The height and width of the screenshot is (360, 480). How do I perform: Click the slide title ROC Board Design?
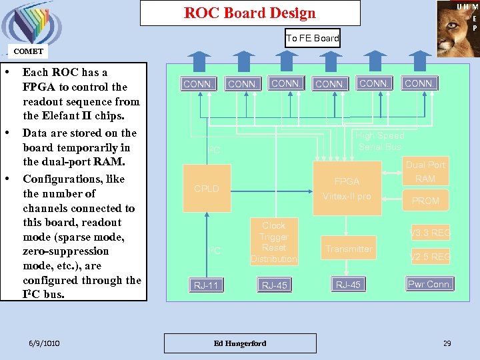click(250, 13)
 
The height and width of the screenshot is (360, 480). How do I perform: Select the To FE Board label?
click(313, 38)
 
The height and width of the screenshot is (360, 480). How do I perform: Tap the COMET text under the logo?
click(28, 51)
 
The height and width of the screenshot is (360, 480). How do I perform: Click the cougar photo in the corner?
click(458, 28)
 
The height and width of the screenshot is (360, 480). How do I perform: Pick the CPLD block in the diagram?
click(207, 189)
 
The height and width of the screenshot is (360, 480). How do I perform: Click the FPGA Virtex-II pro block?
click(347, 189)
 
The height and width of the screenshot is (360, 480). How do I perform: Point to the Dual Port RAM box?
click(425, 171)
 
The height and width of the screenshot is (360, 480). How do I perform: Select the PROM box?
click(425, 201)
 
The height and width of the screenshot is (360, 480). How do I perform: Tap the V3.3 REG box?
click(430, 233)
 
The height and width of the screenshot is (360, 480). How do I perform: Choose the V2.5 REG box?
click(430, 257)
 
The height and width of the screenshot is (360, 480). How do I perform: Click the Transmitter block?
click(349, 249)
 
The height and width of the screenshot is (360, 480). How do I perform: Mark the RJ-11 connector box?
click(206, 285)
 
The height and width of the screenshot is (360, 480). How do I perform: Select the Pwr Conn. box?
click(430, 284)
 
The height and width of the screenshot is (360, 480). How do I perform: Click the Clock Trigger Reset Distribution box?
click(274, 242)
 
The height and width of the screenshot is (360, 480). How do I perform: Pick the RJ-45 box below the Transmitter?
click(348, 285)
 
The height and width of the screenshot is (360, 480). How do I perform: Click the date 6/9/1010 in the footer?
click(44, 343)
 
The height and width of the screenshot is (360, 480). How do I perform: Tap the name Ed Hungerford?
click(239, 343)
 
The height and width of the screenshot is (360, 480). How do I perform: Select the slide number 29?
click(447, 343)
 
